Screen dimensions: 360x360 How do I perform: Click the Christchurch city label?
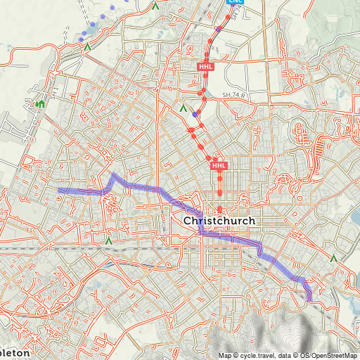219,221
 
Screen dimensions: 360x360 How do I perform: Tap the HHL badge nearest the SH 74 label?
205,67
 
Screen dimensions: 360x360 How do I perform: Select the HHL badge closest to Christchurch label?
219,166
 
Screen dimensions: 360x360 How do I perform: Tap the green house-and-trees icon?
40,105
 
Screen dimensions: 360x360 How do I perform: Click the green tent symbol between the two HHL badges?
184,109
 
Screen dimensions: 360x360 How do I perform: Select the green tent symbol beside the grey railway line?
108,240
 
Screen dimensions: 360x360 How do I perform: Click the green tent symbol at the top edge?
155,5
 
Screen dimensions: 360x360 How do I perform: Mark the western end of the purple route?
59,191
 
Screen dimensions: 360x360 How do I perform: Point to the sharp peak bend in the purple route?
112,173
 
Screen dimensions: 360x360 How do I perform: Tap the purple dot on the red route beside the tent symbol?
195,114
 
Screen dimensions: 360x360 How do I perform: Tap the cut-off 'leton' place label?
15,352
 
